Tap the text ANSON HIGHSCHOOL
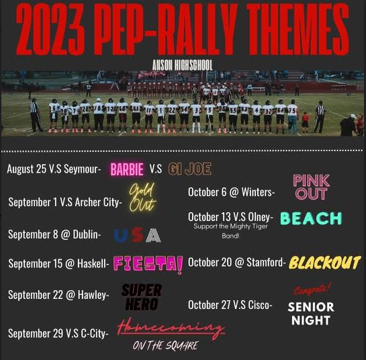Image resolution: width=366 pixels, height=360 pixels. coord(183,65)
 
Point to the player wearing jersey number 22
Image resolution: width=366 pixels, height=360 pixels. coord(172,116)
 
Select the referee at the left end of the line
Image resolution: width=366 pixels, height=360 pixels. coord(35,115)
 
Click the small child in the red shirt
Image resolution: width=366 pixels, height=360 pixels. coord(305,122)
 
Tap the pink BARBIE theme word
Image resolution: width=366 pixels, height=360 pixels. coord(127,169)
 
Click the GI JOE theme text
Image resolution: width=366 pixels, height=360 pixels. coord(190,169)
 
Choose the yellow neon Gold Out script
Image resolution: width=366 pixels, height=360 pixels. coord(142,197)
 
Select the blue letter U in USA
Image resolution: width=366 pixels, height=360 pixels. coord(121,235)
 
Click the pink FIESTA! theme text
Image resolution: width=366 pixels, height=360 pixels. coord(148,264)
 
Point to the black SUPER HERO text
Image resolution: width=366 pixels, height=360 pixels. coord(142,297)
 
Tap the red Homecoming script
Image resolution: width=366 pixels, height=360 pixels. coord(171,328)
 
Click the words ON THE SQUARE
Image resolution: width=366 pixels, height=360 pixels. coord(166,346)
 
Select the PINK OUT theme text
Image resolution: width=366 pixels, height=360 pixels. coord(311,187)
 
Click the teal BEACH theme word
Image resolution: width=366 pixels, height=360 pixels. coord(311,218)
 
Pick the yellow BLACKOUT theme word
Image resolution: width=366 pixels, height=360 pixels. coord(324,263)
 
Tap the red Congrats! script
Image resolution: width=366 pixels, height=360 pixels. coord(312,289)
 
